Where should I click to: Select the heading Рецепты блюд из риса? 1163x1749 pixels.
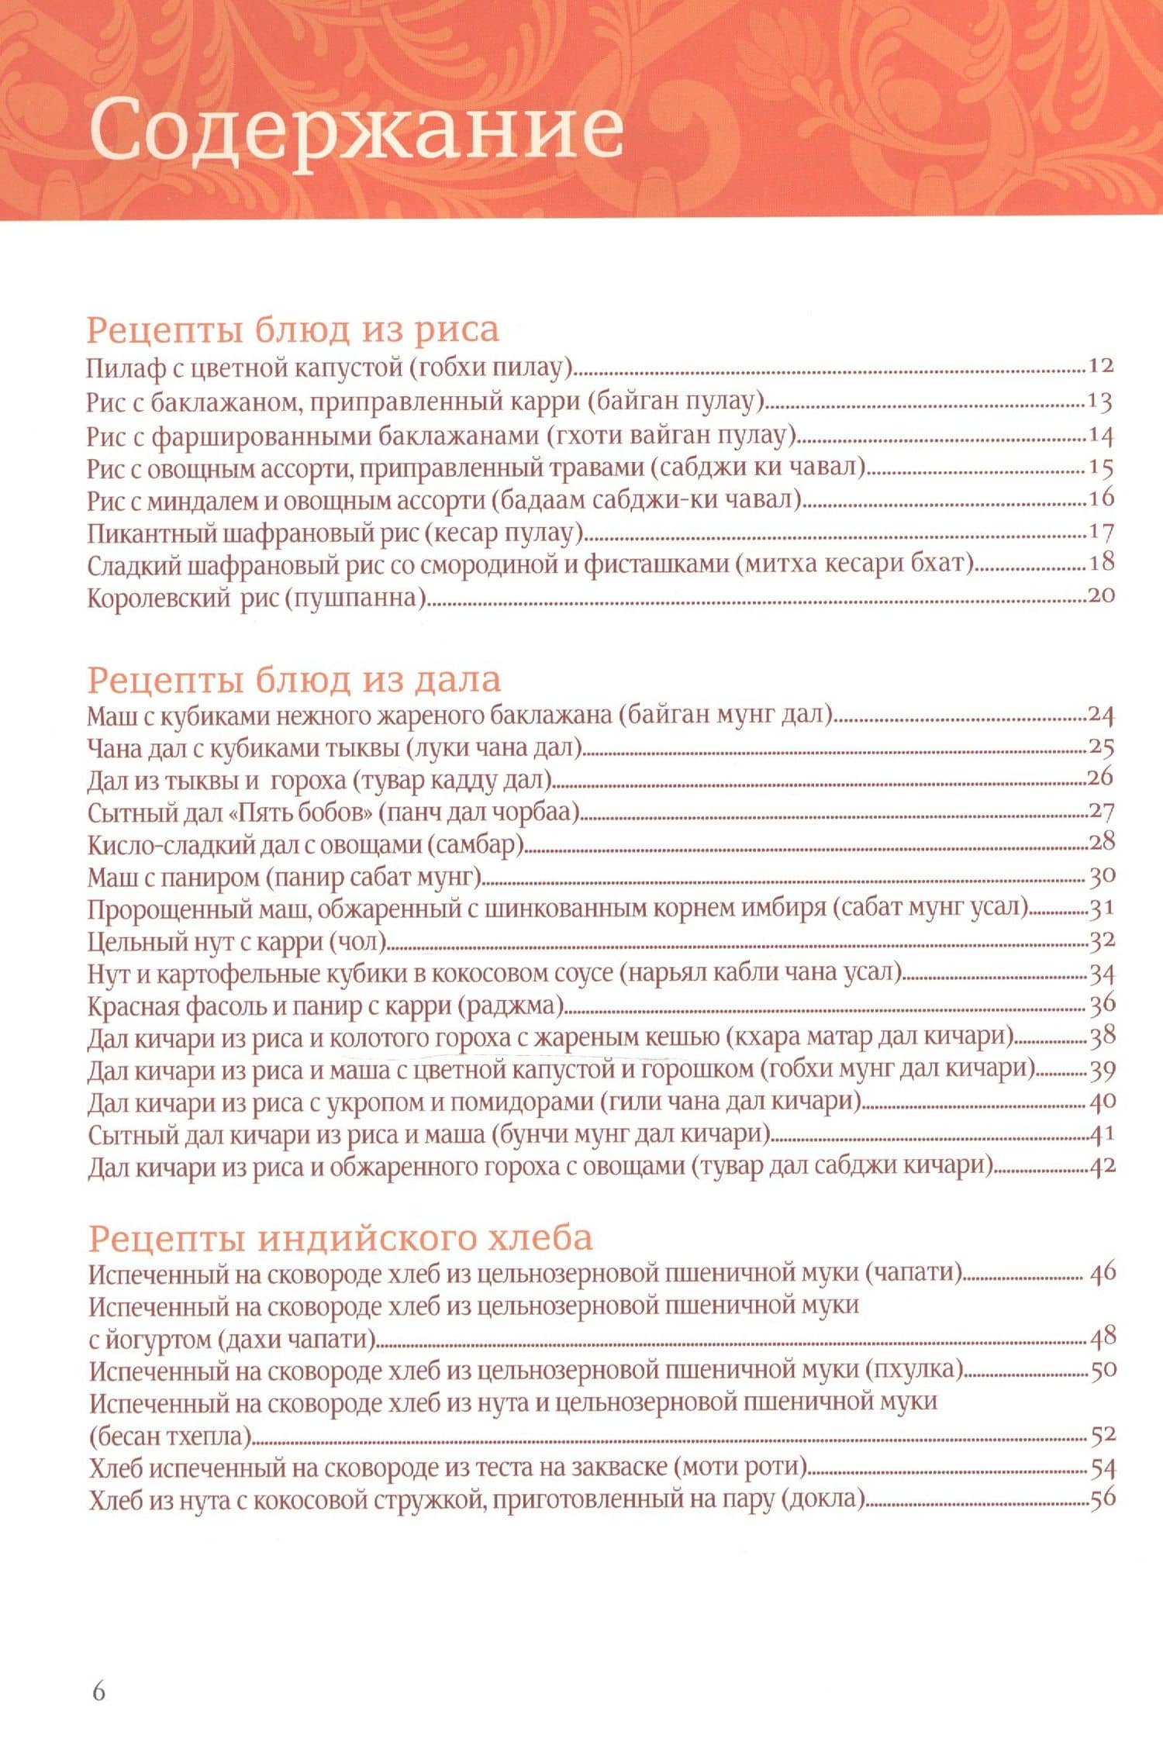[x=292, y=329]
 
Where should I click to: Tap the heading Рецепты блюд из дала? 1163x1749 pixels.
[x=294, y=680]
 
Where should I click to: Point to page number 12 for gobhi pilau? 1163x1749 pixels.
[x=1100, y=366]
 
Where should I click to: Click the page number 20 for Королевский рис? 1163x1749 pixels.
[x=1100, y=595]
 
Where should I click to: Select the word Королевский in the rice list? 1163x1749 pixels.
[x=158, y=599]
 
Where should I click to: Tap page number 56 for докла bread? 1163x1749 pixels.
[x=1102, y=1498]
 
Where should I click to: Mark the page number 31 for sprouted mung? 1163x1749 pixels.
[x=1102, y=908]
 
